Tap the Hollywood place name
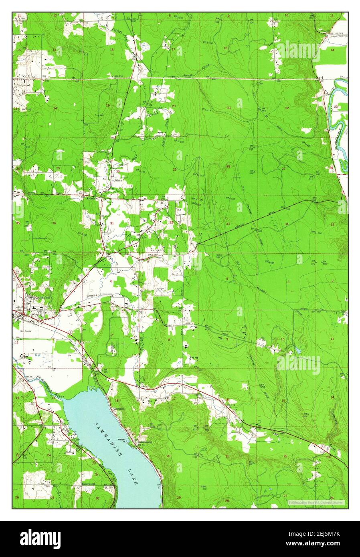coord(24,85)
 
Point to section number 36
coord(53,223)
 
